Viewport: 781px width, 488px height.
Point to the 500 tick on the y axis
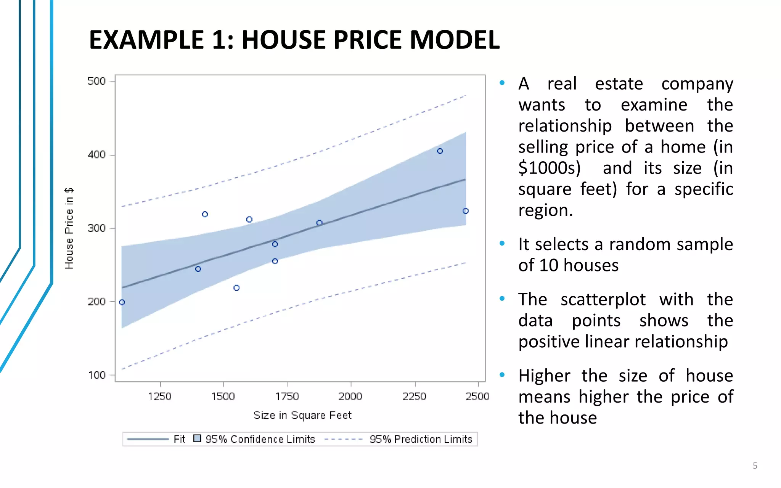tap(96, 81)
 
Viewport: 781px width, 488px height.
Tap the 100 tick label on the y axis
tap(96, 375)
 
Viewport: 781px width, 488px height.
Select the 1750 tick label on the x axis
tap(287, 396)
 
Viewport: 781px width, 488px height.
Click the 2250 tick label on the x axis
tap(415, 396)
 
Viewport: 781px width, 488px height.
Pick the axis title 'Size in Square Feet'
tap(302, 415)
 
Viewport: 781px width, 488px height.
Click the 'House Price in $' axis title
tap(69, 228)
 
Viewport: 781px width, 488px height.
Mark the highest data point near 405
tap(440, 151)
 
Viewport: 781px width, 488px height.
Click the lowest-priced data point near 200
tap(122, 302)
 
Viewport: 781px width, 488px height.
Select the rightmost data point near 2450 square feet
tap(465, 211)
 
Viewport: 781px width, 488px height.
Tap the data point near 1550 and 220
tap(236, 288)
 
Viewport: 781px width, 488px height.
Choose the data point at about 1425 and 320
tap(205, 214)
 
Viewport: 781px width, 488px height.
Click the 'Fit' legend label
tap(179, 439)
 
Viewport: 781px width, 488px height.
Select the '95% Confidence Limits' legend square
tap(197, 438)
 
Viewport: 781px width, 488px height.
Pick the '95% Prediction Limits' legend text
tap(421, 439)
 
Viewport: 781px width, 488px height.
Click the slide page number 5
tap(755, 466)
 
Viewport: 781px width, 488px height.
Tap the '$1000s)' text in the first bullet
tap(549, 168)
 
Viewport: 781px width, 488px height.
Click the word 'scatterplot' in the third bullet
tap(603, 299)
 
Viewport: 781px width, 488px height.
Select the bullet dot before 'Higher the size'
tap(502, 375)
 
